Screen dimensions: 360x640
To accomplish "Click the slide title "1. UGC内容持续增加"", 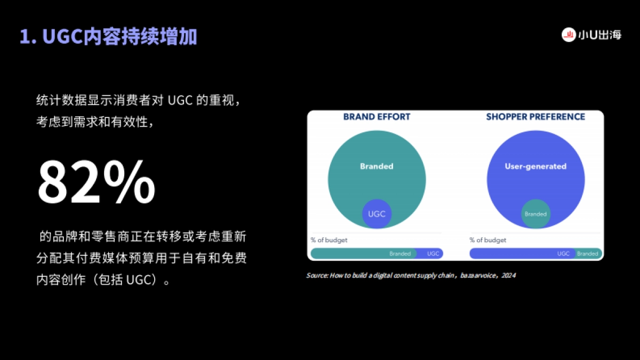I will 108,37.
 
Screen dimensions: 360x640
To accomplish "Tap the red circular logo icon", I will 569,35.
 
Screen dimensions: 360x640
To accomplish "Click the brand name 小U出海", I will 599,36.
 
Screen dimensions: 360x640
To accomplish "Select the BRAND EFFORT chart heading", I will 377,117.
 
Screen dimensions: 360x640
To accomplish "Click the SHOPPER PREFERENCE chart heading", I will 535,117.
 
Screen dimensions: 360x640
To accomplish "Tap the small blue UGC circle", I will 377,214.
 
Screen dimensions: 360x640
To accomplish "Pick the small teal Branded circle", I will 535,214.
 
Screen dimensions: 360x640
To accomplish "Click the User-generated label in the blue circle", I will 535,166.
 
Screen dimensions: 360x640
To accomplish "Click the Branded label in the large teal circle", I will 377,166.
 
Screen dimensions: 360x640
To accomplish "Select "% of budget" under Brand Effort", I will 329,240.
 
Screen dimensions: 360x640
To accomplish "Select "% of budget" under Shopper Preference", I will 488,240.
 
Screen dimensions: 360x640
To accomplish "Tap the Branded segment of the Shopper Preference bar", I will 588,254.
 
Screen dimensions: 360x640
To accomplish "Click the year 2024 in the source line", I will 509,276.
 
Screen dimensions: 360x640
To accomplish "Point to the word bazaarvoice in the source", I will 479,276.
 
